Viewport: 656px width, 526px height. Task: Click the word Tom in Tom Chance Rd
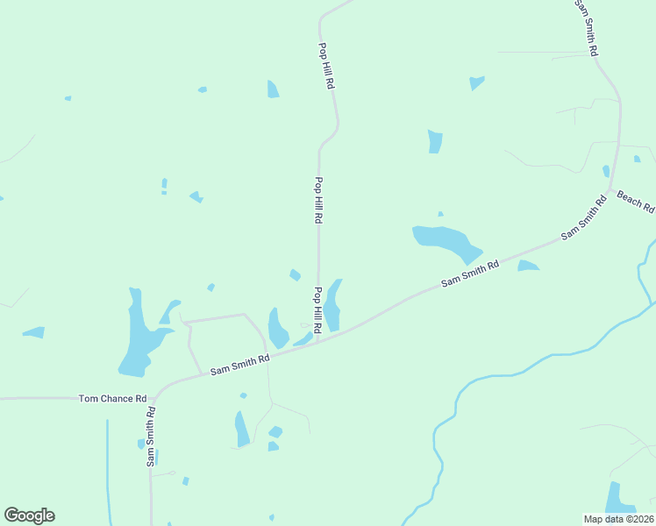click(89, 399)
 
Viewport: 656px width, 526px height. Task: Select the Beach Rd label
click(635, 202)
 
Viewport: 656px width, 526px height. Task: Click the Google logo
click(29, 515)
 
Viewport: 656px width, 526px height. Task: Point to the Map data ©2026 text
click(618, 517)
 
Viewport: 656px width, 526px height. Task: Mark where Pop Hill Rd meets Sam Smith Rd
click(317, 340)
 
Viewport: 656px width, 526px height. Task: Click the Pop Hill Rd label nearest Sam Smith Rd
click(317, 309)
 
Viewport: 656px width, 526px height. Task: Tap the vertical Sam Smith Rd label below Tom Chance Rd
click(151, 436)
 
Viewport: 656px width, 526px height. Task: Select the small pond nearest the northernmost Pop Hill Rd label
click(273, 89)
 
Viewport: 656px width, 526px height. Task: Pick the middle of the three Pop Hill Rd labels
click(318, 201)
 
